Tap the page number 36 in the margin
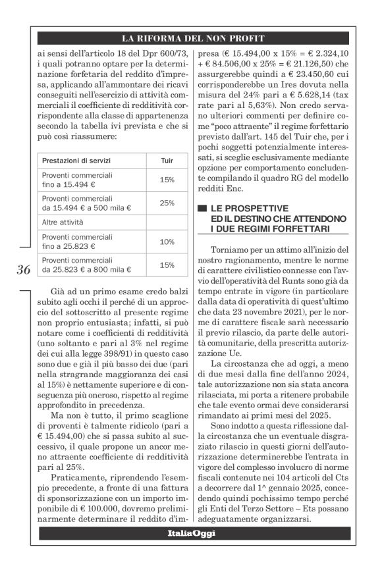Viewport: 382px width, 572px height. coord(24,270)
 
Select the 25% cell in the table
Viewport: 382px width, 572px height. coord(167,203)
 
